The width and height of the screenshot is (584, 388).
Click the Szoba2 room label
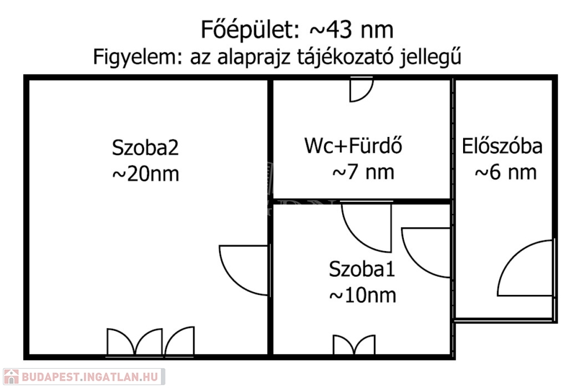point(145,148)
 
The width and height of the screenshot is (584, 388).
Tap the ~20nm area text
point(145,174)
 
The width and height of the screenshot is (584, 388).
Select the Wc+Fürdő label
point(353,145)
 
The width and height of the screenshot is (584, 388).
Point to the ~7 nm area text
point(363,172)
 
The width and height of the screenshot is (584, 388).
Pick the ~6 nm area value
point(506,172)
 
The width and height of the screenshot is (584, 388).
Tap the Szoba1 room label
point(362,269)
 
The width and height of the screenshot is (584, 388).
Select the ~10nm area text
point(362,296)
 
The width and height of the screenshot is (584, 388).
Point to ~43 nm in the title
point(351,30)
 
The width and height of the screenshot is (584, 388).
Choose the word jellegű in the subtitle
point(431,58)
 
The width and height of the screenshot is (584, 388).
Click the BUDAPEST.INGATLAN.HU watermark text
point(90,377)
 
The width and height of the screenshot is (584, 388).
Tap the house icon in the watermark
point(11,377)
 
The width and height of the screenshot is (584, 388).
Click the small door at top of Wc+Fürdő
point(361,90)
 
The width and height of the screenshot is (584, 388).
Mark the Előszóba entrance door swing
point(526,268)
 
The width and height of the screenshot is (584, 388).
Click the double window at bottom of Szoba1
point(354,345)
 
